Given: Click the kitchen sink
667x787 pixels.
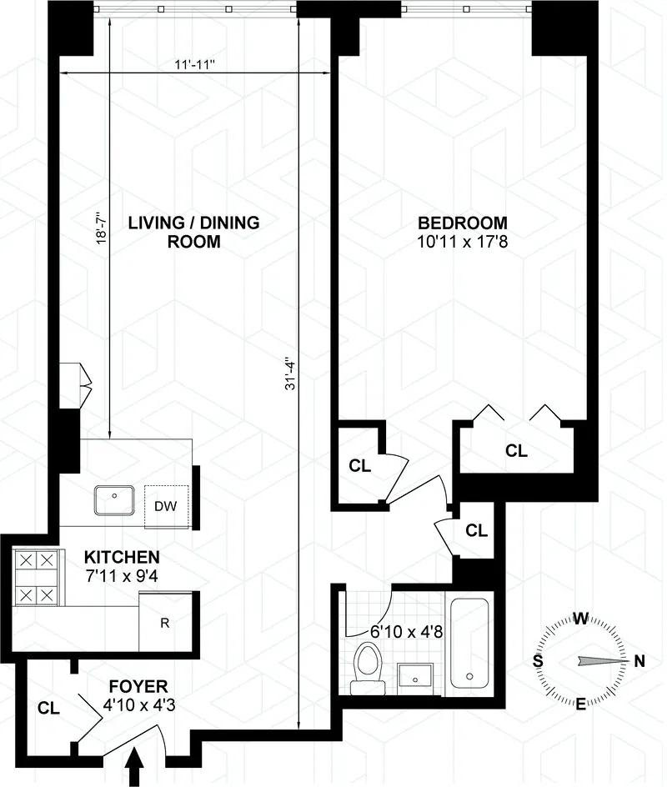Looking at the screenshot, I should click(115, 501).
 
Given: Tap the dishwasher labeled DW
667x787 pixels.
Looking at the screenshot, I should click(167, 505).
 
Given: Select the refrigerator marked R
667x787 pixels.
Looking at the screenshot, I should click(166, 620).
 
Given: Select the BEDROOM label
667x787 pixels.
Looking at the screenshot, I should click(463, 223).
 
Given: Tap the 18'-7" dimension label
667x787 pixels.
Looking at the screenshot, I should click(101, 226).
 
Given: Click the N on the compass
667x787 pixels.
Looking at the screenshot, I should click(639, 662).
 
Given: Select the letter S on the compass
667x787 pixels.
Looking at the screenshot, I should click(539, 661).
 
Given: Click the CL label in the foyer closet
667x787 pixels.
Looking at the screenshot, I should click(48, 709).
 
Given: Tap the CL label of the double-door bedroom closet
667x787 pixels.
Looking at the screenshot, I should click(516, 451).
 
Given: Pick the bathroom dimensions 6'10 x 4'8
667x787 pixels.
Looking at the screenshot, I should click(406, 631).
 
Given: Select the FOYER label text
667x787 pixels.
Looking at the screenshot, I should click(138, 686).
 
